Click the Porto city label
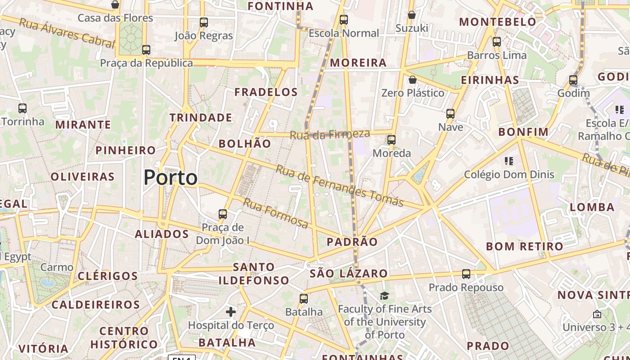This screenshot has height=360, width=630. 170,178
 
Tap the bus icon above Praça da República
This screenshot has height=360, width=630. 146,49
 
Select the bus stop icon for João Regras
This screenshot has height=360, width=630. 203,22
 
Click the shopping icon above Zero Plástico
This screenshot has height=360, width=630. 412,80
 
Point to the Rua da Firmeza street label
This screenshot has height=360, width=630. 330,134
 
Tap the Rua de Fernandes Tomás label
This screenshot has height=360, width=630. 339,185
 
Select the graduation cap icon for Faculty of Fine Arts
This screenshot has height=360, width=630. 384,296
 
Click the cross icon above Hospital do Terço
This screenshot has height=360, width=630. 231,311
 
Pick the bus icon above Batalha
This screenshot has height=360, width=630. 304,298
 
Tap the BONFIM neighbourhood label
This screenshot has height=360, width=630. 523,132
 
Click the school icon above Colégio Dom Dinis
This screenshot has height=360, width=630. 509,161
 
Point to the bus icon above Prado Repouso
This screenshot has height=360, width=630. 466,274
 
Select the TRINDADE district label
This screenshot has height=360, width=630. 201,117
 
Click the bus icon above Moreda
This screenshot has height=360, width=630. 391,139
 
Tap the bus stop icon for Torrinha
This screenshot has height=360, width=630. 22,108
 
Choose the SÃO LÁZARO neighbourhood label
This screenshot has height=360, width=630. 348,273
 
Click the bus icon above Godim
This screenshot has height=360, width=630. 573,80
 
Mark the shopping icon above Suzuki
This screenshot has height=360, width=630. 411,15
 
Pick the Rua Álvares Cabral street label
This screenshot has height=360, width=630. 67,33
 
